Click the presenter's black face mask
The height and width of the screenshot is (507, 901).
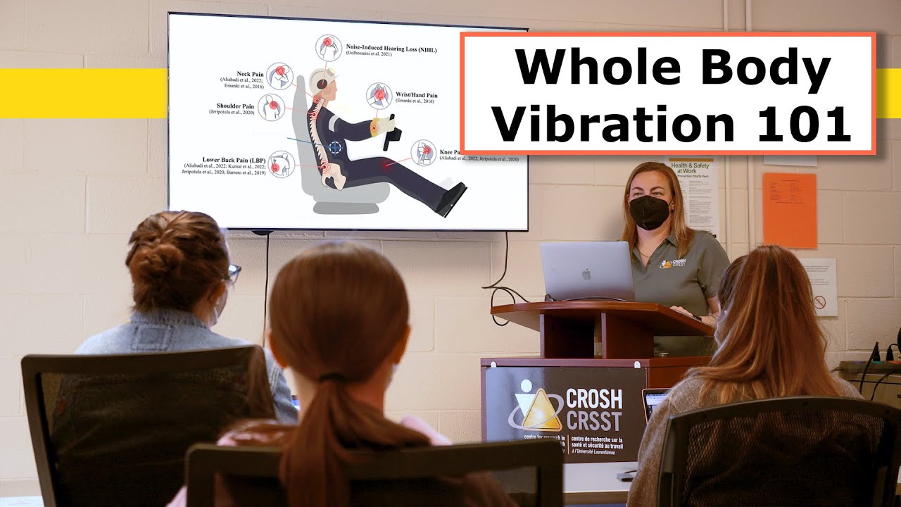[648, 212]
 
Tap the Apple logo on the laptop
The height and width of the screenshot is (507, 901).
[586, 273]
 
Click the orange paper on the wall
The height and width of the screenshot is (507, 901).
[790, 210]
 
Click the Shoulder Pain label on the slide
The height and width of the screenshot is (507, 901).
[235, 106]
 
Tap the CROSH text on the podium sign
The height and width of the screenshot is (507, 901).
[593, 399]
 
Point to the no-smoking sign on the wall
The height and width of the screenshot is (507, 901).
[819, 302]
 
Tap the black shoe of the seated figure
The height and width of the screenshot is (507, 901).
[450, 199]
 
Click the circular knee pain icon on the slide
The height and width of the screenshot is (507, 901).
[424, 153]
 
